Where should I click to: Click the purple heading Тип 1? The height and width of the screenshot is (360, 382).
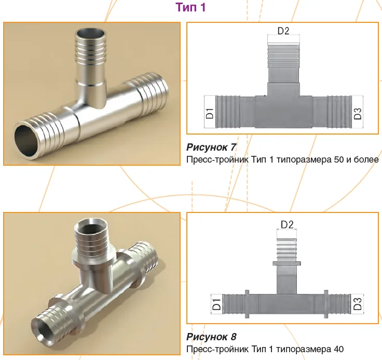(191, 7)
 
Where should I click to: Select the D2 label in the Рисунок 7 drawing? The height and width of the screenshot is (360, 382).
(283, 31)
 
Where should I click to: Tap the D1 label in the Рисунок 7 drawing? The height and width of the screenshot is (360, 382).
(210, 113)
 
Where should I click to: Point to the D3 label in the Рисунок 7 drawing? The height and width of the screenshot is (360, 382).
(358, 114)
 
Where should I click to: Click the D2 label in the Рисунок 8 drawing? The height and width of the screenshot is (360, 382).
(287, 224)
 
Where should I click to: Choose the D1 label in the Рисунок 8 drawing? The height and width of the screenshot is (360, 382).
(216, 304)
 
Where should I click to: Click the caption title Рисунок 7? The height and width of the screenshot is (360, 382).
(211, 147)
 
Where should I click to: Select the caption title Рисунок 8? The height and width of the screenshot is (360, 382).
(211, 337)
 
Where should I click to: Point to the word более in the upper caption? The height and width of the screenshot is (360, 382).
(366, 159)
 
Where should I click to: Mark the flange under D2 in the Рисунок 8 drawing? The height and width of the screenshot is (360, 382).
(286, 263)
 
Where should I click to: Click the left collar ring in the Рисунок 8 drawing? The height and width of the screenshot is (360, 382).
(247, 304)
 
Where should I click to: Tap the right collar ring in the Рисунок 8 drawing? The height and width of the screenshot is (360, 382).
(326, 304)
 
